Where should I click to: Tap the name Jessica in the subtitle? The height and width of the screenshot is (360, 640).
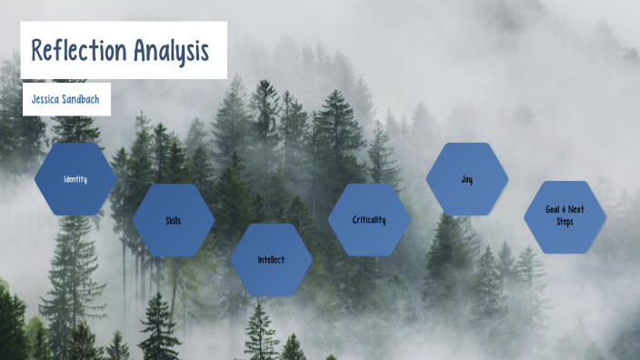44,100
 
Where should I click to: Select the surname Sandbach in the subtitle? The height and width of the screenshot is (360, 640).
81,100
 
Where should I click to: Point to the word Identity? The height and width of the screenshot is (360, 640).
75,179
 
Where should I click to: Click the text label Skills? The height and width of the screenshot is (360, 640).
174,221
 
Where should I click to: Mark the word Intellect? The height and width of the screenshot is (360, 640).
271,260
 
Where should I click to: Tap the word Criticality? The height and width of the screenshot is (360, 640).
369,220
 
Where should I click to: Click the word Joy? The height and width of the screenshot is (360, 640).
466,179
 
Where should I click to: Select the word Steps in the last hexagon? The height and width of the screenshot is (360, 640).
565,222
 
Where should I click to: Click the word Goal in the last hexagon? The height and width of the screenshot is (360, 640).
553,209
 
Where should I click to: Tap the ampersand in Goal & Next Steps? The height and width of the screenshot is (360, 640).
565,209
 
